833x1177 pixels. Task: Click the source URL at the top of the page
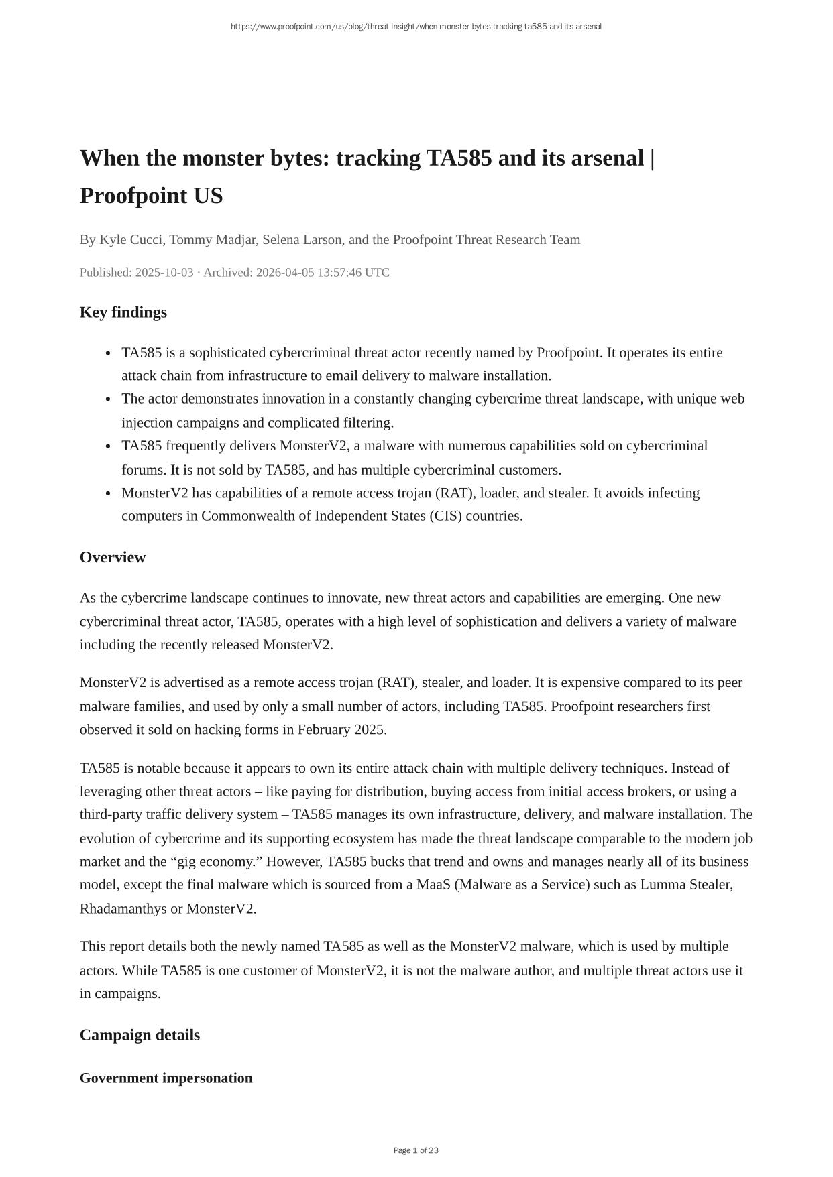click(416, 27)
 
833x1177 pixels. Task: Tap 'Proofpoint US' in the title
click(151, 196)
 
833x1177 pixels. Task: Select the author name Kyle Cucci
click(131, 240)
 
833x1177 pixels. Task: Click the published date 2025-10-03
click(164, 273)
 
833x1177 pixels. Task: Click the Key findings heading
click(123, 312)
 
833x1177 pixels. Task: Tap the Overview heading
click(113, 558)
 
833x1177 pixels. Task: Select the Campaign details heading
click(140, 1035)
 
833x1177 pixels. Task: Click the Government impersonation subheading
click(166, 1078)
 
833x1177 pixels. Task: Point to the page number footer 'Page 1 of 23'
click(416, 1150)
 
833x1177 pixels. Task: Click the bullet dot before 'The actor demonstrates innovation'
click(108, 399)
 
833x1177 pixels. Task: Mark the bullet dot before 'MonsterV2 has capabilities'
click(108, 494)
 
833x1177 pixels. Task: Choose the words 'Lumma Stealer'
click(685, 885)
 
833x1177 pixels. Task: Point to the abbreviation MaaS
click(433, 885)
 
